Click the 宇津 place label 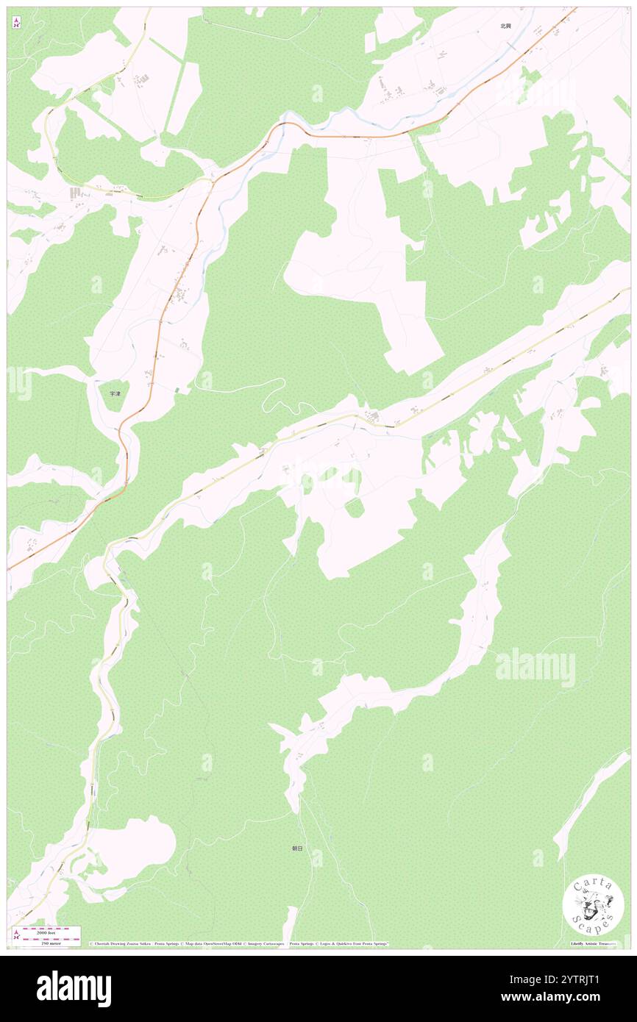point(114,394)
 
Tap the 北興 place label point(505,26)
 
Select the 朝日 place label point(297,848)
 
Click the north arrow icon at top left point(16,22)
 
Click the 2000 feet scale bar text point(46,932)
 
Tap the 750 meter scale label point(46,943)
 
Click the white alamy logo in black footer point(74,988)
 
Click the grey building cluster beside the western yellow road point(76,193)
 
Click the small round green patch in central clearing point(355,507)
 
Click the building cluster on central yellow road point(374,418)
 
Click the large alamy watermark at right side point(535,668)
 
